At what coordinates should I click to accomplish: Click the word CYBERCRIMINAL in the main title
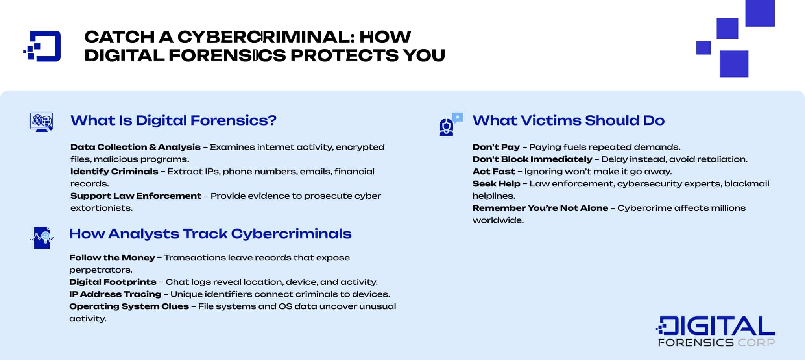point(266,37)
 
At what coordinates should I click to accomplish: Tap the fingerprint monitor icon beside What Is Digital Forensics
point(42,122)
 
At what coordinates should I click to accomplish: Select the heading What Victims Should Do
point(568,120)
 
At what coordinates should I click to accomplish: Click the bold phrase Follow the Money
point(112,258)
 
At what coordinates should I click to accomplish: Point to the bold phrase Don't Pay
point(496,147)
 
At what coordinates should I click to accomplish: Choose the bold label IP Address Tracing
point(115,294)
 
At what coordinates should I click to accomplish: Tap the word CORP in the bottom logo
point(756,343)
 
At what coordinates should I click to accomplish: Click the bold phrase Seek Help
point(496,184)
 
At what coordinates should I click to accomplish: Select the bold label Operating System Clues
point(129,306)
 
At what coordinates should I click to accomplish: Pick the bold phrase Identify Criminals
point(114,172)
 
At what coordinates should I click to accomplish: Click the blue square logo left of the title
point(42,46)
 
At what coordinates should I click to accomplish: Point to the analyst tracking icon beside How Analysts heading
point(42,237)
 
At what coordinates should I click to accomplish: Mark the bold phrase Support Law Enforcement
point(136,196)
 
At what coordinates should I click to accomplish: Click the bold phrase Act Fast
point(493,172)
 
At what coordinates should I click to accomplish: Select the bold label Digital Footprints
point(113,282)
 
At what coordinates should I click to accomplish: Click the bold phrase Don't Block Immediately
point(532,159)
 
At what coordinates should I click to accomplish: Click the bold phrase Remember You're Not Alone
point(540,208)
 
